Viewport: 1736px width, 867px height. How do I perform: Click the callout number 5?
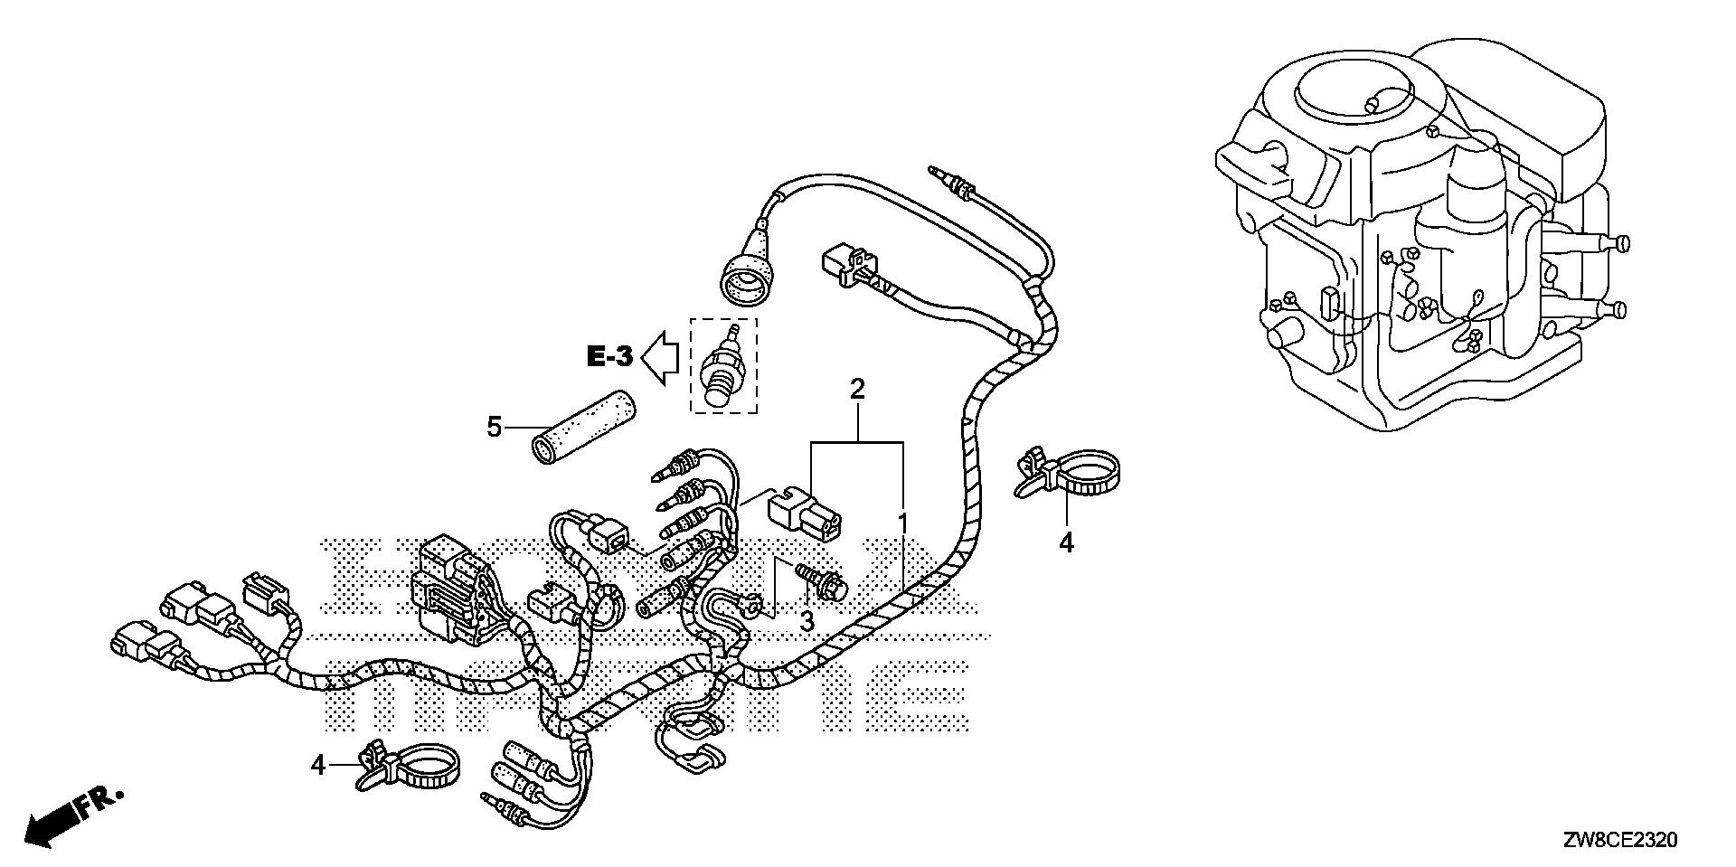point(494,426)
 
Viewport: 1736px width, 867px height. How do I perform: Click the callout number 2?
point(856,391)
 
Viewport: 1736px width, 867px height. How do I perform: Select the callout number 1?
point(902,523)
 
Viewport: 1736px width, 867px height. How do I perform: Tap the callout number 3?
point(805,621)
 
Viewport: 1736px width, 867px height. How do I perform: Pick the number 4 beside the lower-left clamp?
point(317,765)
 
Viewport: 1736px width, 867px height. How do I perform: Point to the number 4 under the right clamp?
point(1067,543)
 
